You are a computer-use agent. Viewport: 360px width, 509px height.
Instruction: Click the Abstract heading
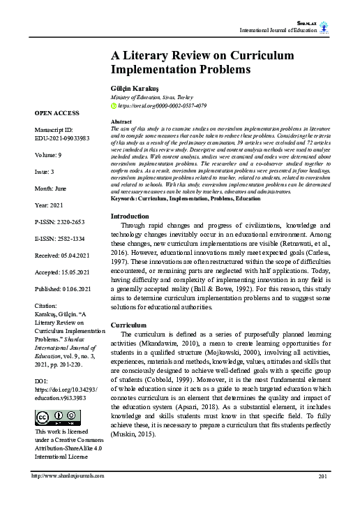121,121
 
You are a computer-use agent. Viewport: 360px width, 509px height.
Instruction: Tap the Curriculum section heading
129,325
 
